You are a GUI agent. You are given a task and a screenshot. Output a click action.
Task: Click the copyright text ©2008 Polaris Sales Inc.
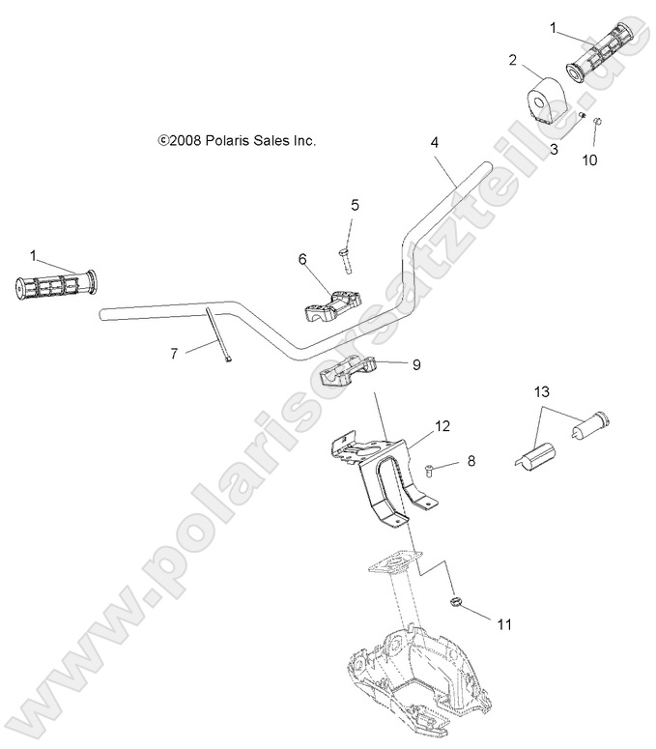coord(237,141)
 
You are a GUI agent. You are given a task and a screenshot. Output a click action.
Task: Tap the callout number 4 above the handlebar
coord(435,142)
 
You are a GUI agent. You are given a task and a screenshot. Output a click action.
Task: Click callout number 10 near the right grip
coord(589,159)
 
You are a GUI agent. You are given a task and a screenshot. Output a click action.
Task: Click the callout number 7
coord(174,354)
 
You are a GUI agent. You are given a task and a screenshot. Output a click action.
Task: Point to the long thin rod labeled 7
coord(215,333)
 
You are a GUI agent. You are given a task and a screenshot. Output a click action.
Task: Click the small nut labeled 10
coord(596,122)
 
